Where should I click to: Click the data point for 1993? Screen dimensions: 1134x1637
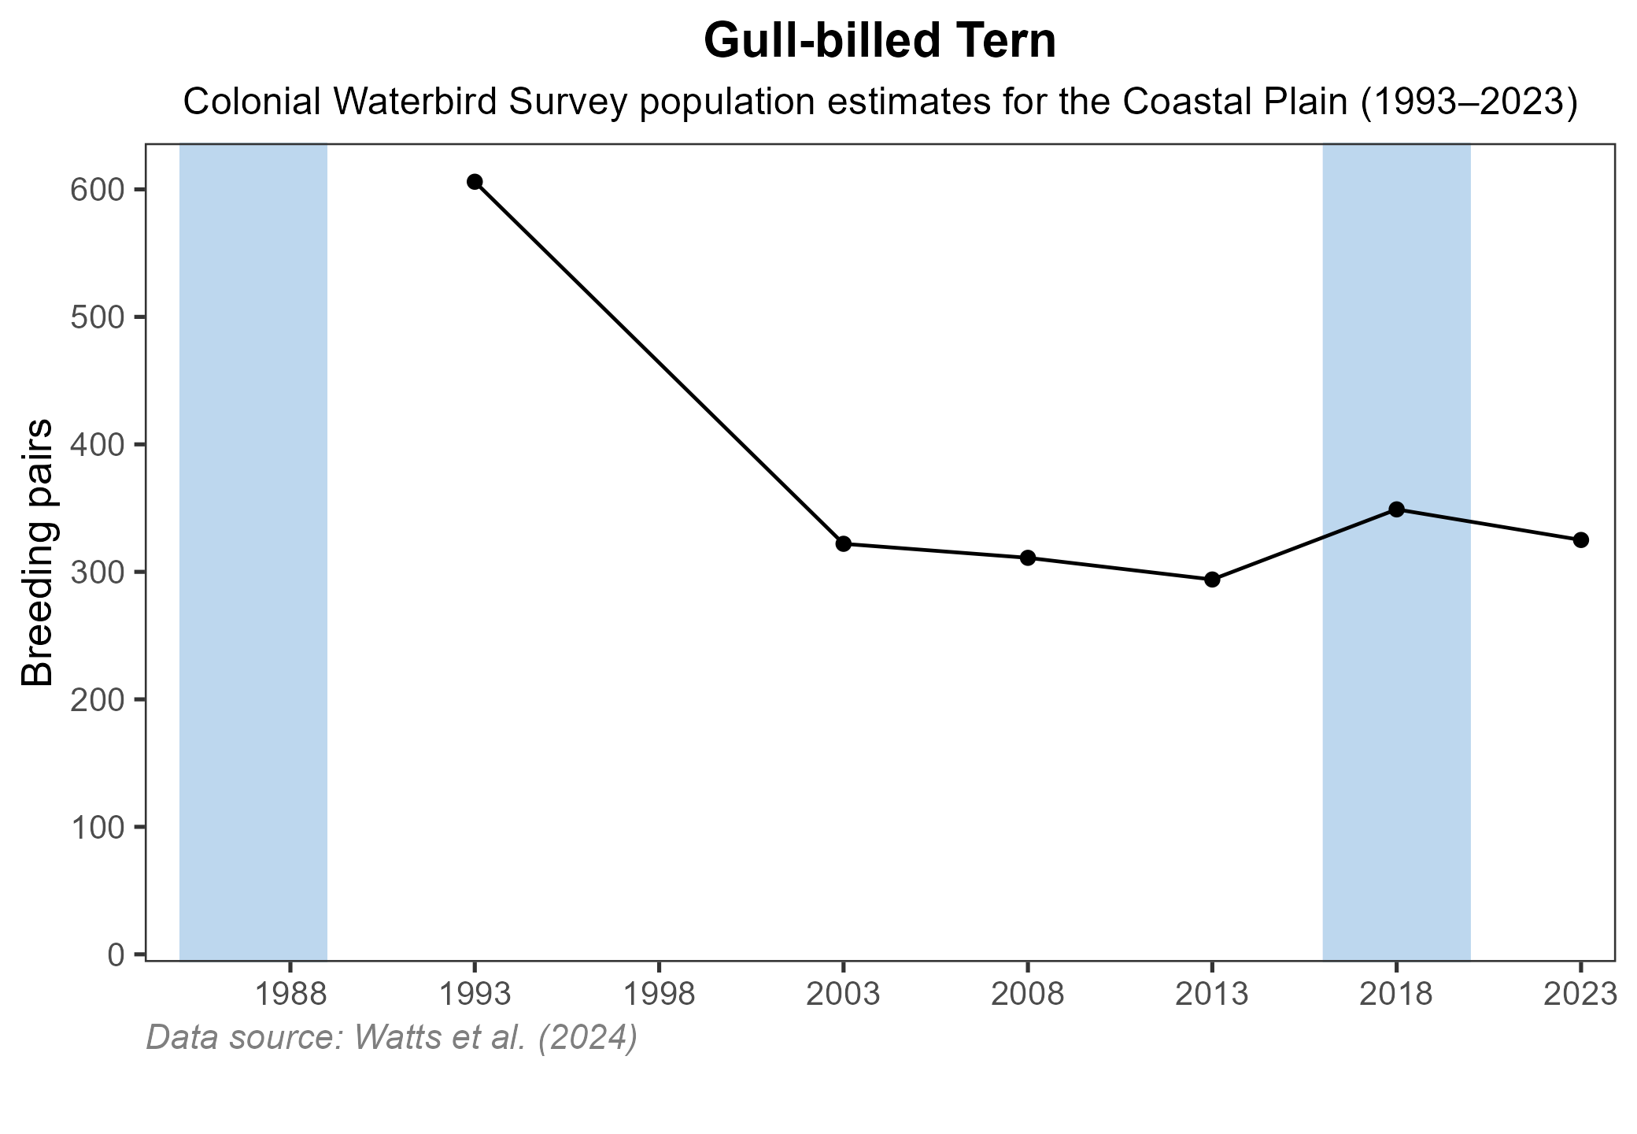pos(475,182)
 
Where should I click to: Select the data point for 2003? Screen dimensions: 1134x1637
pos(843,543)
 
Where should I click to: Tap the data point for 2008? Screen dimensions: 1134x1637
pos(1027,558)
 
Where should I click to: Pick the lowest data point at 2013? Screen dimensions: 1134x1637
pos(1212,580)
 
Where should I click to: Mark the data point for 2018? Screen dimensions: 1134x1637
pos(1396,509)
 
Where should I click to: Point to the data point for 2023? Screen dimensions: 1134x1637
pos(1580,539)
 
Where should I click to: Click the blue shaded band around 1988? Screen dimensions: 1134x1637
pos(253,551)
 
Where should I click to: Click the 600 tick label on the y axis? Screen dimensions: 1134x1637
pos(97,190)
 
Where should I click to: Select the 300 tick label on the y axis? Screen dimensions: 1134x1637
pos(97,573)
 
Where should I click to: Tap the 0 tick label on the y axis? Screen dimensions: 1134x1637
pos(116,955)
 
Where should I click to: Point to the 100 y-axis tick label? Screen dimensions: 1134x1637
pos(97,828)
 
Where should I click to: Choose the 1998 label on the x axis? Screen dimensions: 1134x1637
pos(658,995)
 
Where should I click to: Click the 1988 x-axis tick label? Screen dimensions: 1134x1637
pos(290,995)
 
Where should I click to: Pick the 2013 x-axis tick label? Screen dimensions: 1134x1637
pos(1212,995)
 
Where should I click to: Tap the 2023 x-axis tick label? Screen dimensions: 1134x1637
pos(1580,995)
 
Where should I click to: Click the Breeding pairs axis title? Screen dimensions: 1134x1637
pos(37,551)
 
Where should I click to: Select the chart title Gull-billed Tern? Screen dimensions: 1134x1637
pos(880,41)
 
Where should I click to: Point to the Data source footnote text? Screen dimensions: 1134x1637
pos(391,1037)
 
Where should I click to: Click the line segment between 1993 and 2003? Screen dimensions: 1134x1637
pos(659,363)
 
